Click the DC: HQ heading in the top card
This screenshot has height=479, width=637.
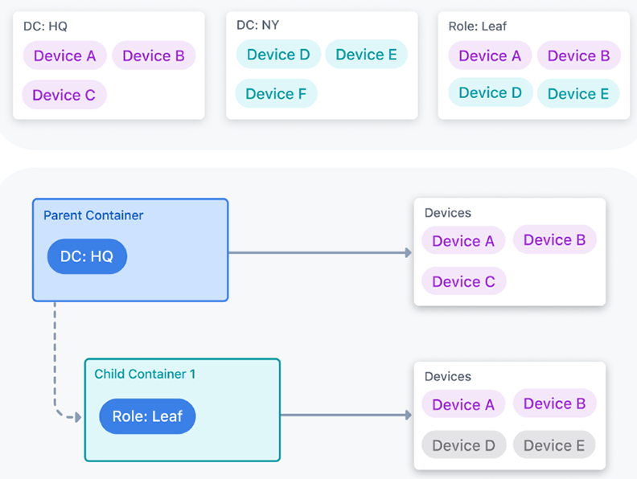pos(45,27)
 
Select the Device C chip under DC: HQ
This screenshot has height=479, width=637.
pos(64,95)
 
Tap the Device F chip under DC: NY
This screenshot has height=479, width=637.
pos(276,94)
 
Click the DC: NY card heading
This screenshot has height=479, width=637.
pos(258,25)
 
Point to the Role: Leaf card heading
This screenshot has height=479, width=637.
pos(477,27)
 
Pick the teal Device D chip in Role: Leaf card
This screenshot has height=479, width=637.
pos(491,92)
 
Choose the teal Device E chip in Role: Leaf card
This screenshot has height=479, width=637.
pos(578,94)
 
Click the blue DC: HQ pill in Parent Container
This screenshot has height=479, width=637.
pos(87,256)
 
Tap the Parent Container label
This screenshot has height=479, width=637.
pos(93,215)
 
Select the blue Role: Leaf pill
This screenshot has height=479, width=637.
pos(147,416)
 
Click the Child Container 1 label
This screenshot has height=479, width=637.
pos(145,374)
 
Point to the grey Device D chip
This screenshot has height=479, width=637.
pos(464,445)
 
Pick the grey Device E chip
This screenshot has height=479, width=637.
pos(554,445)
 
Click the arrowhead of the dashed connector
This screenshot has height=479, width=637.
pos(78,417)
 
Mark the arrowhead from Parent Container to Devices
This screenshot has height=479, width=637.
pos(409,253)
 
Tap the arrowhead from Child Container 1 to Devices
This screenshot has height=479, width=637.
pos(409,415)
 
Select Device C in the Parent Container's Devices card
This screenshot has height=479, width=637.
pos(464,281)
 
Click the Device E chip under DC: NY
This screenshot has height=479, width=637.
pos(367,55)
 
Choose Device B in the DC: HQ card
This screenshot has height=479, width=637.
pos(154,55)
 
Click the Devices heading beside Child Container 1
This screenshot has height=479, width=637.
pos(448,376)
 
